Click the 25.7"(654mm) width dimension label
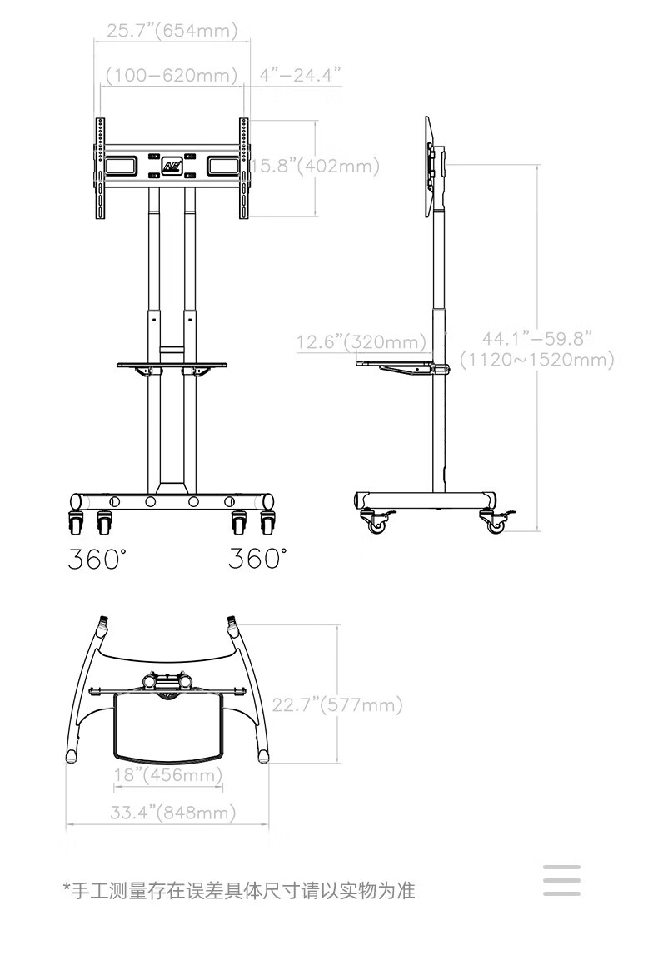[x=172, y=31]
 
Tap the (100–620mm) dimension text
[x=172, y=75]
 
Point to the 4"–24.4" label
[x=300, y=75]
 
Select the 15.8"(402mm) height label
[x=316, y=166]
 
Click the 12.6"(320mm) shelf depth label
[x=361, y=341]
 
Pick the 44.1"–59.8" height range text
[x=536, y=338]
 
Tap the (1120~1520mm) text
[x=536, y=360]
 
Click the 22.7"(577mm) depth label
[x=337, y=704]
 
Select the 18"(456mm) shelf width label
[x=168, y=774]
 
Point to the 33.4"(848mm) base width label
[x=173, y=813]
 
